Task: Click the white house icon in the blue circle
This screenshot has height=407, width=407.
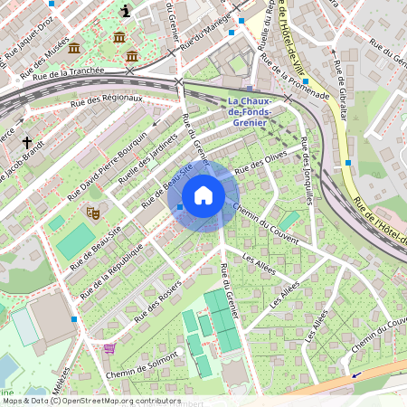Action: [x=203, y=195]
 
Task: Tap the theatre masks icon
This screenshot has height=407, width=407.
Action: [x=92, y=213]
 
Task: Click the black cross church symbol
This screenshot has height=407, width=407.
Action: [x=27, y=143]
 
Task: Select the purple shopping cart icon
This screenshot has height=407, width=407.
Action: [x=109, y=347]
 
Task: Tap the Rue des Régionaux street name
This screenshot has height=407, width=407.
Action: [x=111, y=99]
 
